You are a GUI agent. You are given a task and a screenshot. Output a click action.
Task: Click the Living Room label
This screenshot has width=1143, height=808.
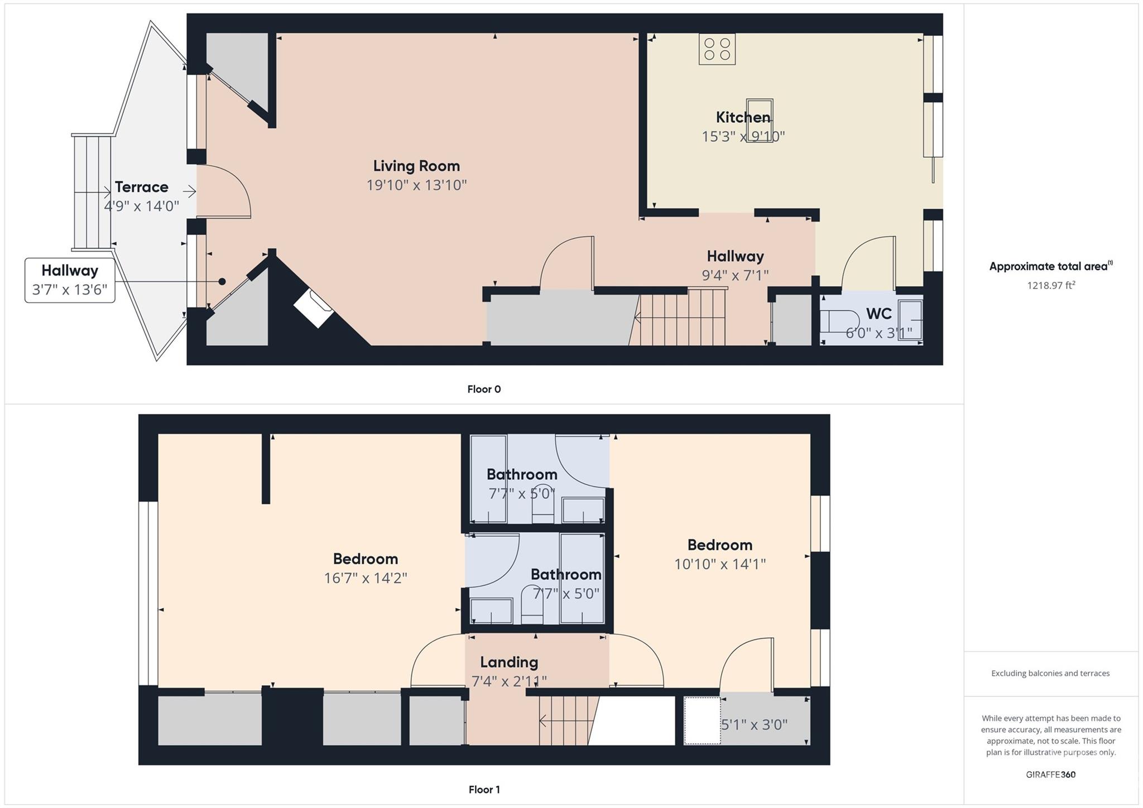[416, 166]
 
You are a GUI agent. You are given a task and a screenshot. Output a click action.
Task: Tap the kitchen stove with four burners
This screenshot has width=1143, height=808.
[717, 49]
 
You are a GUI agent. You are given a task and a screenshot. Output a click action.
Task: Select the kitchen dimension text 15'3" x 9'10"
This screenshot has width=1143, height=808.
[743, 137]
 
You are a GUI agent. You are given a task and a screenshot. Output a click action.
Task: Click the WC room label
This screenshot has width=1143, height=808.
[878, 314]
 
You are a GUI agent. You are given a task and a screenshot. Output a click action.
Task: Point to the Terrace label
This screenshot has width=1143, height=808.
[141, 187]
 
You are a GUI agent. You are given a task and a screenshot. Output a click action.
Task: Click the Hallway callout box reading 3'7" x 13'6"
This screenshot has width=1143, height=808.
[70, 280]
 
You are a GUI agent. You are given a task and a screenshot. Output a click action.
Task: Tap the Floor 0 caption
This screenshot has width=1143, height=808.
[484, 389]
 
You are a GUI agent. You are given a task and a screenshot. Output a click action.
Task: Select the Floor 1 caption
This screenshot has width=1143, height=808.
[484, 790]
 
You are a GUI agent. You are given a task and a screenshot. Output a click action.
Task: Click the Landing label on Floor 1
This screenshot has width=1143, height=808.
[509, 662]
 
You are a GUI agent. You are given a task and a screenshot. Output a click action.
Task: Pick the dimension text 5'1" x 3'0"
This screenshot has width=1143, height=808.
[754, 725]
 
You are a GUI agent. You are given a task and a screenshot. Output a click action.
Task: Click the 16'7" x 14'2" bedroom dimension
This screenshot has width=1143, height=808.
[366, 578]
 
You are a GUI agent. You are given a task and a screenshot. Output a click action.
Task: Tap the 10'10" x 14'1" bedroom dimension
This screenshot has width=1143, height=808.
[719, 564]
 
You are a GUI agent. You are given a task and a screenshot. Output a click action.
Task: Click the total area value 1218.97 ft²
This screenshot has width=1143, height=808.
[1051, 285]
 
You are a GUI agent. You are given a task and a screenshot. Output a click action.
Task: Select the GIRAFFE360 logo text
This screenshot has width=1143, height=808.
[1050, 775]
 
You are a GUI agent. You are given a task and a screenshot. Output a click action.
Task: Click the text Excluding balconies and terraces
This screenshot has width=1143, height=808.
[1050, 674]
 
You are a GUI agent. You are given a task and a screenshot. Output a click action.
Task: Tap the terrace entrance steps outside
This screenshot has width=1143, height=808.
[92, 192]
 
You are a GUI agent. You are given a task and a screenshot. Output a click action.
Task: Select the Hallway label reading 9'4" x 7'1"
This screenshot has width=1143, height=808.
[735, 265]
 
